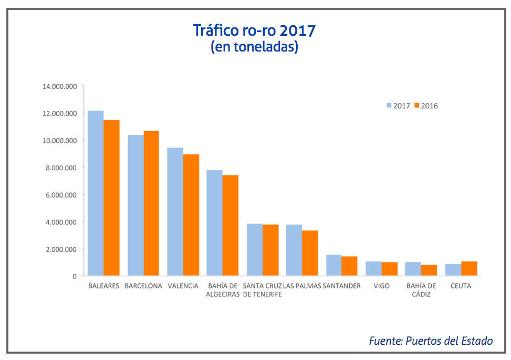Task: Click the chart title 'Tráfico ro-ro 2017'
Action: (254, 30)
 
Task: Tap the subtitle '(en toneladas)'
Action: (254, 47)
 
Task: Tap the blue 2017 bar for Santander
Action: (333, 265)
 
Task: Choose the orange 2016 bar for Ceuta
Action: (468, 269)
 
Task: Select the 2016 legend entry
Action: (426, 106)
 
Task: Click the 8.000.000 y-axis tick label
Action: (61, 168)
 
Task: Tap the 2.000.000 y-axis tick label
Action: (61, 249)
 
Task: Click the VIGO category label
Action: (381, 286)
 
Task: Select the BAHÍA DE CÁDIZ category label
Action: (421, 290)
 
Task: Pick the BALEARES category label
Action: (103, 286)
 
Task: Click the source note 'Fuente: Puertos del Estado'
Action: (431, 341)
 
